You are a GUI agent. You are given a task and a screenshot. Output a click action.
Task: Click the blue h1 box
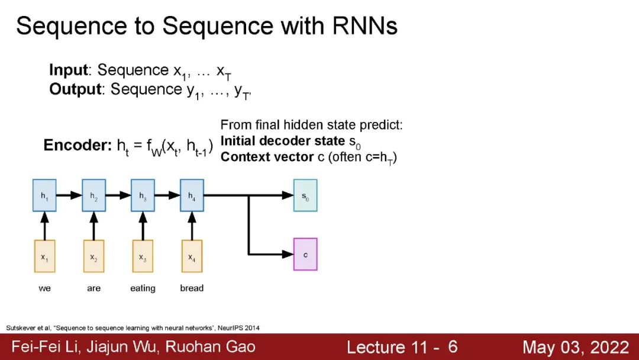coord(44,195)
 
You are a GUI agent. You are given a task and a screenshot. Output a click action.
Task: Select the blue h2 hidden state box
coord(93,195)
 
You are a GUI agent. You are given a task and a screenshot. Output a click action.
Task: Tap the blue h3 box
coord(143,195)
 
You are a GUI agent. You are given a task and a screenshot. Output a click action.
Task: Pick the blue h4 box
coord(191,195)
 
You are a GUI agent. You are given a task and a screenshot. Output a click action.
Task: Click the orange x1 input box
coord(44,256)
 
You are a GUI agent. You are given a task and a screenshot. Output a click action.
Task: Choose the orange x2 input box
coord(93,256)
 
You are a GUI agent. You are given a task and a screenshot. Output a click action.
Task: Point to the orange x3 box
coord(143,256)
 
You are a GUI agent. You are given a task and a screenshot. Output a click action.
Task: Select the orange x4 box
coord(191,256)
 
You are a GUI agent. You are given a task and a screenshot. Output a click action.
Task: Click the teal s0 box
coord(305,195)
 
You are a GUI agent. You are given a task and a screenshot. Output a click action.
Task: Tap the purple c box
coord(305,255)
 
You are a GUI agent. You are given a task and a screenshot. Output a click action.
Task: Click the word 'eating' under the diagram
coord(143,288)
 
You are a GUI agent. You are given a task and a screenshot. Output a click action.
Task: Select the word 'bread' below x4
coord(192,288)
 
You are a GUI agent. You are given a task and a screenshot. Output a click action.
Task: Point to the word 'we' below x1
coord(44,288)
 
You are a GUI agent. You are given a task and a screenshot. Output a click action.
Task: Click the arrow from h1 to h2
coord(69,195)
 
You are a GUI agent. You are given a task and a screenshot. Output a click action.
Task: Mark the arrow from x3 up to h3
coord(143,226)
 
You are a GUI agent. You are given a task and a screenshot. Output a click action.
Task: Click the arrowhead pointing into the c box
coord(289,255)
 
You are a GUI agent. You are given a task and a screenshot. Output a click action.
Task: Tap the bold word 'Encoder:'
coord(77,146)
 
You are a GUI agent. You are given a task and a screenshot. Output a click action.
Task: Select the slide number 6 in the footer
coord(453,347)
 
